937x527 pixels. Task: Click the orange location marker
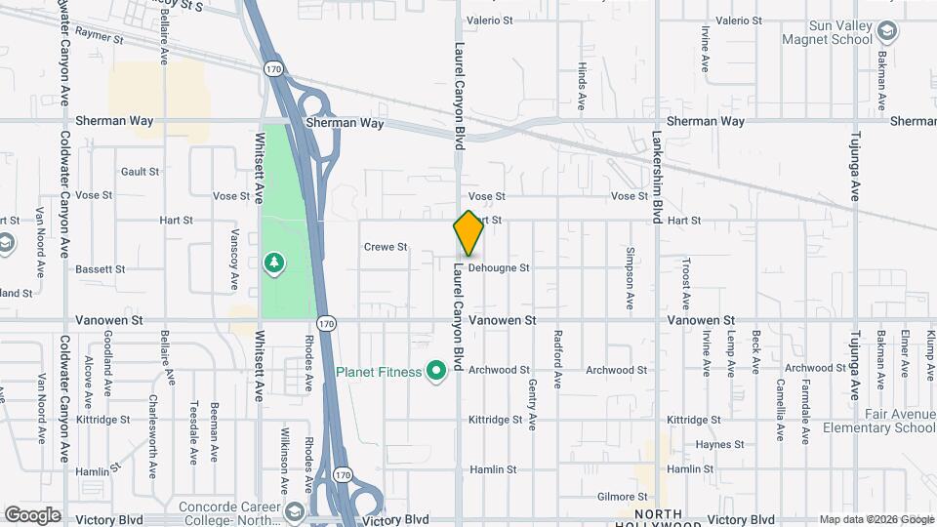point(469,233)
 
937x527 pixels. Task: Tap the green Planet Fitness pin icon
point(436,370)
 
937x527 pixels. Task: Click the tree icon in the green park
point(274,263)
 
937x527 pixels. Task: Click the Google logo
point(32,515)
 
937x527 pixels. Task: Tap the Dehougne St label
point(499,267)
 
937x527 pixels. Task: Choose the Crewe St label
point(386,247)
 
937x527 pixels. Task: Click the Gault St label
point(140,172)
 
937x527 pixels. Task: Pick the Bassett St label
point(101,268)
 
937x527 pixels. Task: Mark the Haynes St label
point(720,445)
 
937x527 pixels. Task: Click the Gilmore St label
point(625,497)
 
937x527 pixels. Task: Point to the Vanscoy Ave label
point(234,259)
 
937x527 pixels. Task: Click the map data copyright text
point(876,519)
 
